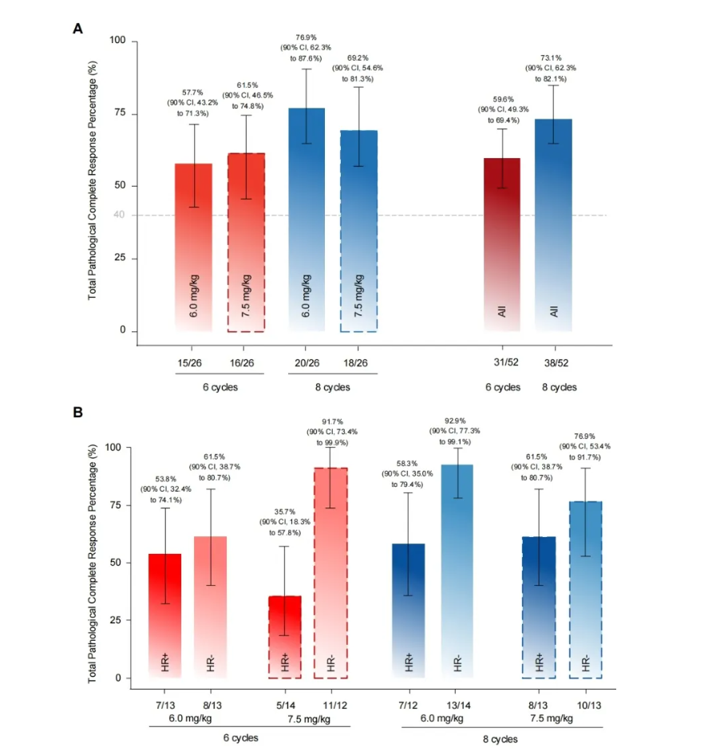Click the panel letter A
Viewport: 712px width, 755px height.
click(78, 29)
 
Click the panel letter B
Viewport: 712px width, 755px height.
click(78, 413)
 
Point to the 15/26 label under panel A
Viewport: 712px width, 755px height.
click(194, 363)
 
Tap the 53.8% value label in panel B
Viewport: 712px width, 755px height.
click(165, 478)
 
